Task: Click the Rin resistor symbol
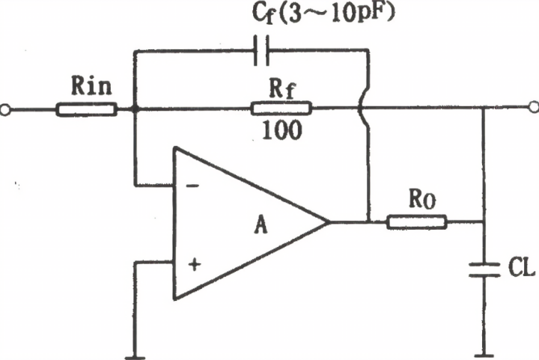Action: pyautogui.click(x=86, y=110)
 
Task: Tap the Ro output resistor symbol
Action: pyautogui.click(x=417, y=222)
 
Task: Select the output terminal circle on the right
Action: pyautogui.click(x=532, y=109)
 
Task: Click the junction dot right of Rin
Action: pyautogui.click(x=135, y=110)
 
